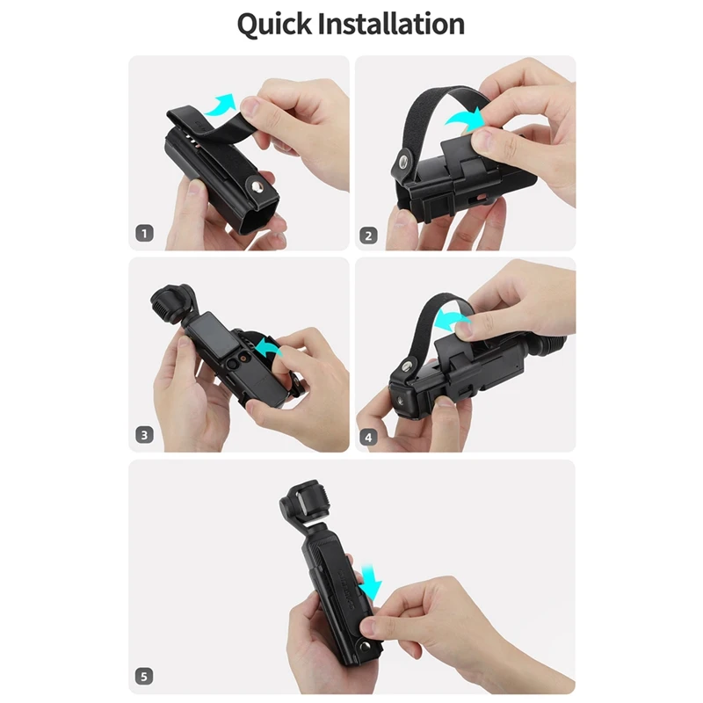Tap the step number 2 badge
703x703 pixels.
pyautogui.click(x=370, y=235)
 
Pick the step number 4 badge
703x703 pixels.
pyautogui.click(x=370, y=434)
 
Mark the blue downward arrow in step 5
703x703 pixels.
pyautogui.click(x=372, y=581)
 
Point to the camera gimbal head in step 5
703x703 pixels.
pyautogui.click(x=297, y=504)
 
